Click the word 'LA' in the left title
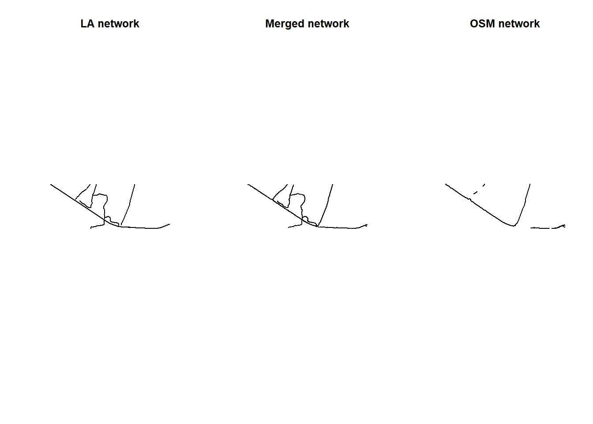coord(87,24)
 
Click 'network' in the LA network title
coord(118,24)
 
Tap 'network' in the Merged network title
coord(329,24)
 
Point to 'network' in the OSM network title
coord(519,24)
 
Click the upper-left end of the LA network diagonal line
coord(51,185)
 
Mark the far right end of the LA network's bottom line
coord(170,224)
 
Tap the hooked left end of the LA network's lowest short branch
coord(91,228)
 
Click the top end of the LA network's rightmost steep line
coord(135,185)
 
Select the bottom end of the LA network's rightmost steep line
coord(121,225)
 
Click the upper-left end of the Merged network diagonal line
coord(248,185)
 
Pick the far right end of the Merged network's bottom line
coord(367,225)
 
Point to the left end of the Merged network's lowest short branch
coord(288,227)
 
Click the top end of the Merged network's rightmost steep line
coord(333,185)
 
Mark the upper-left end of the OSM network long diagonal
coord(446,184)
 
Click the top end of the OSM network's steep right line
coord(530,184)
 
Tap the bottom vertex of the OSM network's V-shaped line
coord(514,226)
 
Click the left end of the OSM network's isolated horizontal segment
coord(530,228)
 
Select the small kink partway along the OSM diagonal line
coord(470,199)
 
